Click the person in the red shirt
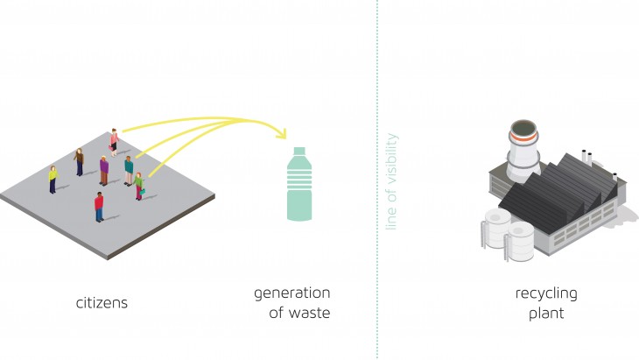99,207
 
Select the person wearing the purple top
103,169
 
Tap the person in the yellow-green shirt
53,179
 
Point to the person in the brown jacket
80,161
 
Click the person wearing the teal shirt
129,168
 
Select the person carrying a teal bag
138,185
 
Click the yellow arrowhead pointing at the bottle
280,134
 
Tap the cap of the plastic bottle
298,152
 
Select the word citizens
102,303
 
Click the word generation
291,293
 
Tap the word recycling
545,293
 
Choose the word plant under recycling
545,313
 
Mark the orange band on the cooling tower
526,136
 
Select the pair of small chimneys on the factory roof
586,159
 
